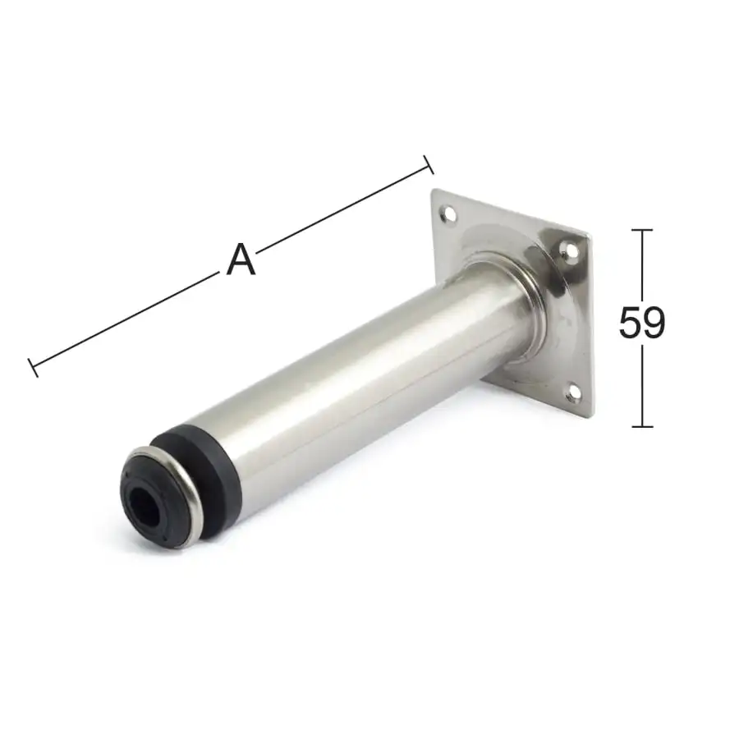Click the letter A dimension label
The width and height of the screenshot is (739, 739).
click(241, 260)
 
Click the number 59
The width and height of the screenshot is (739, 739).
click(642, 324)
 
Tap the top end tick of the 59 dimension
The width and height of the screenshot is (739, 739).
click(642, 231)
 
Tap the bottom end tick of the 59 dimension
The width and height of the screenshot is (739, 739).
click(642, 426)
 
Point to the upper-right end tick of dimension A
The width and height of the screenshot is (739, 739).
click(428, 164)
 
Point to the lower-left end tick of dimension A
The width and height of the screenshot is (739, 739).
click(34, 367)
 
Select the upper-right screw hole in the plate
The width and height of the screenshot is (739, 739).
click(569, 247)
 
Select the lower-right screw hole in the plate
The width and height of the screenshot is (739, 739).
click(574, 393)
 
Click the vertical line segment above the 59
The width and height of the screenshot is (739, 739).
click(642, 267)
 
